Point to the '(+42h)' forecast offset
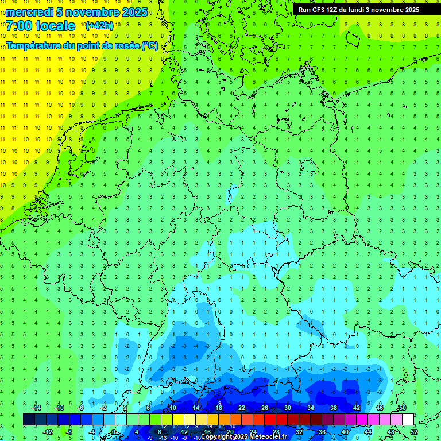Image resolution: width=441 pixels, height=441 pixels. (99, 26)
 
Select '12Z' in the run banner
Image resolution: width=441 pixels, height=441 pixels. (335, 10)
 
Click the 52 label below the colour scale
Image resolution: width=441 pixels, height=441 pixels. (414, 432)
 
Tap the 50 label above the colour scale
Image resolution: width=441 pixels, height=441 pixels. (402, 407)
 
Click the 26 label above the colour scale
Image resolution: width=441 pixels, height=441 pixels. (265, 407)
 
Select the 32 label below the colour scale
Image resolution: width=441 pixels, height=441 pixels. (299, 432)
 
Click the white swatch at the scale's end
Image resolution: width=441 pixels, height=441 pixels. (408, 419)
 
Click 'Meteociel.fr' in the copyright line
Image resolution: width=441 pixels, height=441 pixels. (268, 437)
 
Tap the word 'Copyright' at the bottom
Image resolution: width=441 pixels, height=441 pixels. (217, 437)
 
